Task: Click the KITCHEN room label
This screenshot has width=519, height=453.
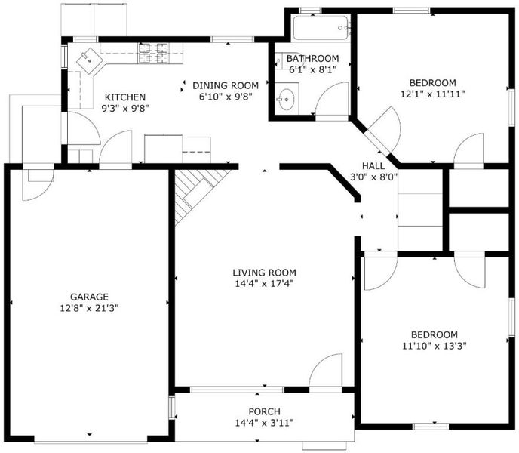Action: (125, 97)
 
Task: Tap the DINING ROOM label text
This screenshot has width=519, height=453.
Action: (226, 85)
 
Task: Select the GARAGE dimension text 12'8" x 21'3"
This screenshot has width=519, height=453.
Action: (89, 308)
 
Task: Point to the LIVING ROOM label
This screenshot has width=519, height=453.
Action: (264, 273)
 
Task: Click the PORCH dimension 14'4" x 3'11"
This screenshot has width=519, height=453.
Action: (265, 423)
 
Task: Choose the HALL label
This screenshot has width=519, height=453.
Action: (373, 165)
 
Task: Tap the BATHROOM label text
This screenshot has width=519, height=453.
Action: (312, 59)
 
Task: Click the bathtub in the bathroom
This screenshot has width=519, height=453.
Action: (321, 28)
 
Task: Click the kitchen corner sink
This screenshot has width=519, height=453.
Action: (89, 61)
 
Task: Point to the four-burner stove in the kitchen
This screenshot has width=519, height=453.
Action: (153, 53)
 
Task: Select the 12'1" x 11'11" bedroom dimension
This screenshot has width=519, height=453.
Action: (432, 94)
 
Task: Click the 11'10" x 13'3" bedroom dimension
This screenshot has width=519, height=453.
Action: (435, 347)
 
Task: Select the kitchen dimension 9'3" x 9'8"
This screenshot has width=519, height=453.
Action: (125, 109)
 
